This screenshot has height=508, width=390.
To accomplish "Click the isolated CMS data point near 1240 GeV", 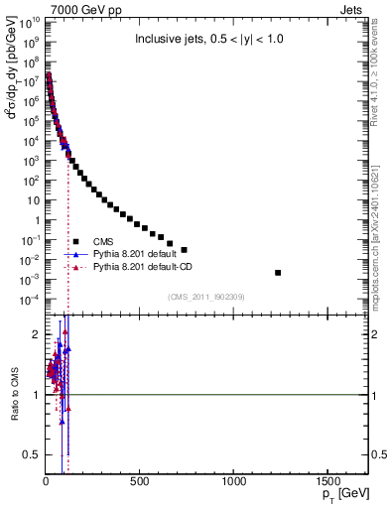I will pyautogui.click(x=278, y=273).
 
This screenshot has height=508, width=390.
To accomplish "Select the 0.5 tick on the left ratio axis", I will pyautogui.click(x=30, y=454).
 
